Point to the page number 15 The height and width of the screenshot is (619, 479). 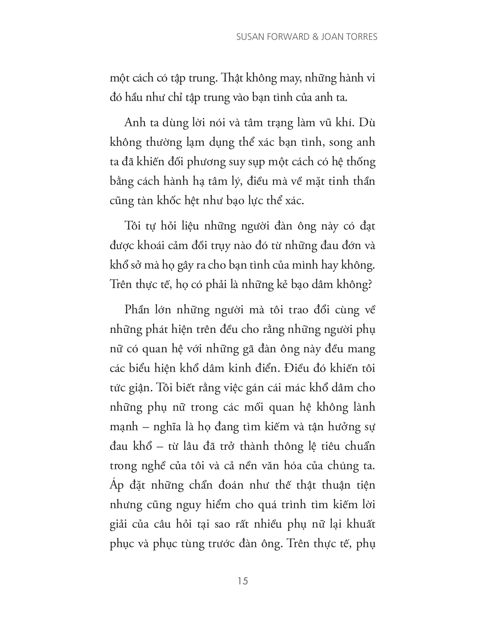point(243,581)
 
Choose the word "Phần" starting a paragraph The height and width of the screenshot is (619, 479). point(137,309)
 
